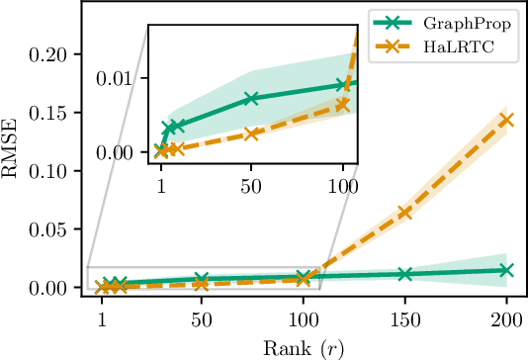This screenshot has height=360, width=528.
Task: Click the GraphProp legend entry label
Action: pos(470,22)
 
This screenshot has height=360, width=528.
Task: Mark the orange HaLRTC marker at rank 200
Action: pos(506,120)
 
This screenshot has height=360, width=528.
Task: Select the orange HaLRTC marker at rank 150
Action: pos(404,213)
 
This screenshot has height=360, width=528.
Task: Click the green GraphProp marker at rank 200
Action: pos(506,270)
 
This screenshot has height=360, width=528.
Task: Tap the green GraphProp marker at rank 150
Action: pos(404,274)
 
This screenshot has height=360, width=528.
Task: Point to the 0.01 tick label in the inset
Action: pos(128,78)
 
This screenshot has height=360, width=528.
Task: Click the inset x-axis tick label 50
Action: pos(251,185)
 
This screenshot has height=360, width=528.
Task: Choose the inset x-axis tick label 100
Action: pos(342,185)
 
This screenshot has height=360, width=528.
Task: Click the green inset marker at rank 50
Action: pos(251,99)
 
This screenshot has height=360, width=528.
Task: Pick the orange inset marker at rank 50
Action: pos(251,134)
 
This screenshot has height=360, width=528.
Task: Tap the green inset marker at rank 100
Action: pos(343,85)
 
